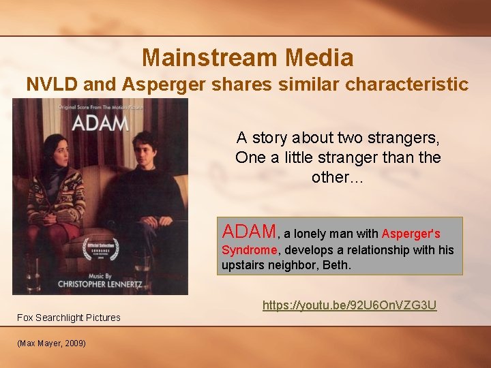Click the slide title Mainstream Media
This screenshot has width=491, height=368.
(248, 57)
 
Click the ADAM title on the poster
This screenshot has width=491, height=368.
(100, 124)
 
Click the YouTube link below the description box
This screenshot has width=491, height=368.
(349, 305)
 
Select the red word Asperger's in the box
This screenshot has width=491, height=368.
(411, 234)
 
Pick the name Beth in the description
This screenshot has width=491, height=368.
(338, 264)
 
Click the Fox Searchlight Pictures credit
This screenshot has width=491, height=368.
(69, 318)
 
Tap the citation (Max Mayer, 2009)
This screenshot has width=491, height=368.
(52, 343)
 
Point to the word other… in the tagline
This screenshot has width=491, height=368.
(338, 177)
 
